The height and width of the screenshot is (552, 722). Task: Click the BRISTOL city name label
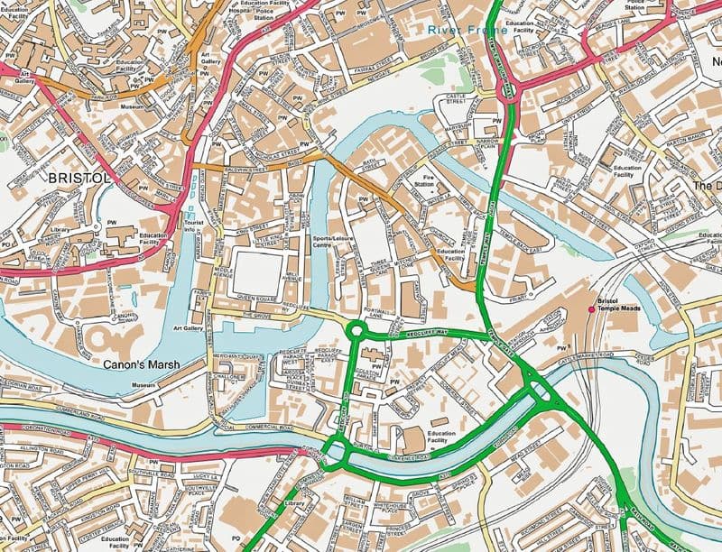79,178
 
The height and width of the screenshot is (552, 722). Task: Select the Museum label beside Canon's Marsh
143,385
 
